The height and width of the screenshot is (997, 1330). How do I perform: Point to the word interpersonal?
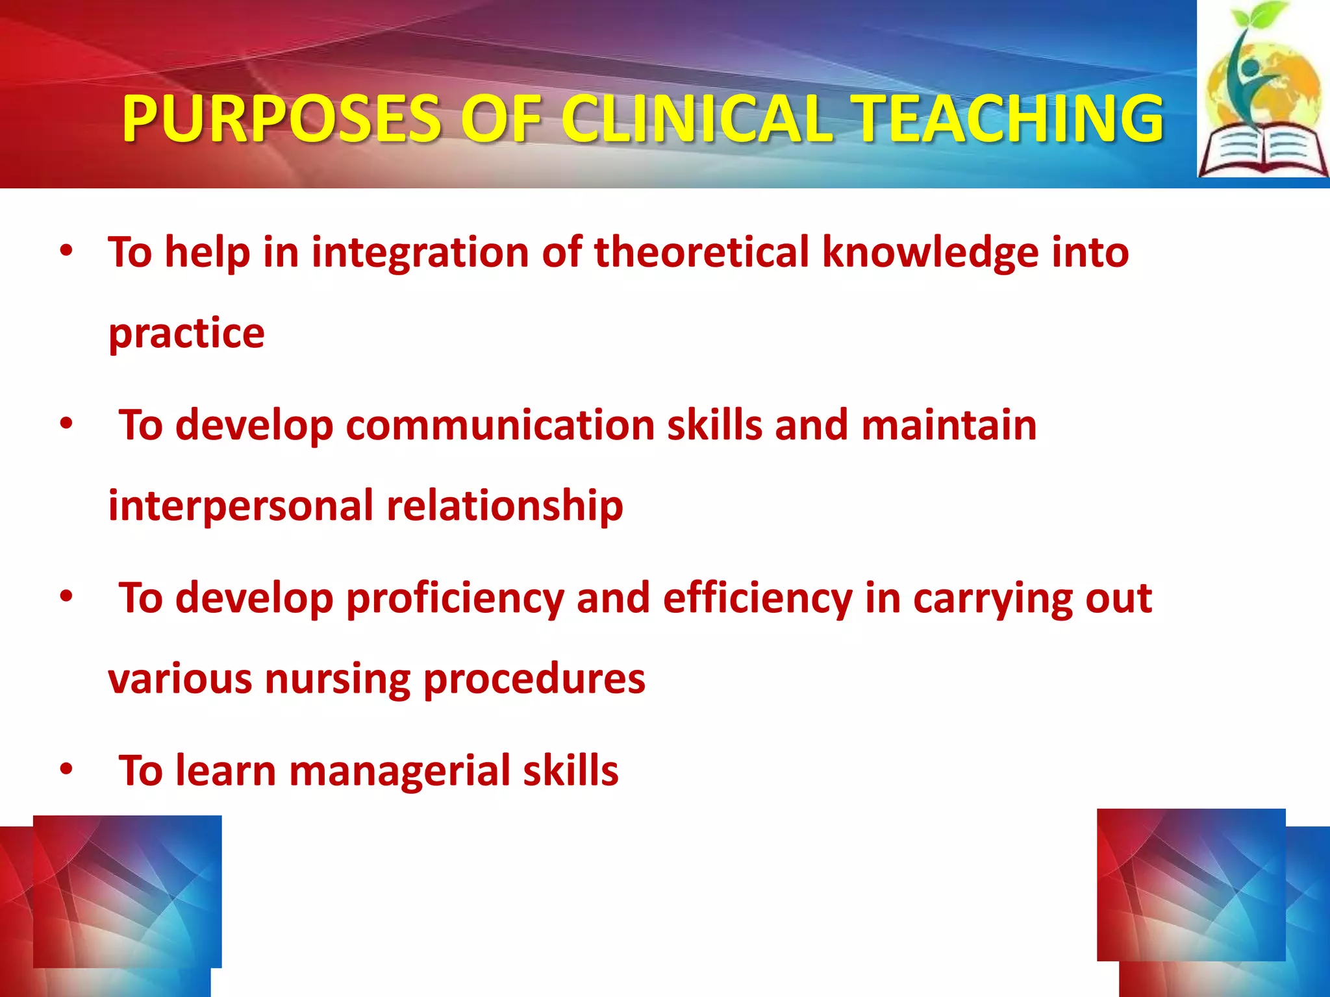click(240, 506)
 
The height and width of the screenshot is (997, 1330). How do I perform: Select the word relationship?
click(505, 506)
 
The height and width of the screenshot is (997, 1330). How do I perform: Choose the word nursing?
click(338, 679)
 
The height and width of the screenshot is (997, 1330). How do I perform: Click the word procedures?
click(534, 679)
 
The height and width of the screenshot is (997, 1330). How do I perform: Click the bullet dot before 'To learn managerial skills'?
click(66, 769)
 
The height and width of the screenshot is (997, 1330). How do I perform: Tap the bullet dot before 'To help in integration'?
click(66, 251)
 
